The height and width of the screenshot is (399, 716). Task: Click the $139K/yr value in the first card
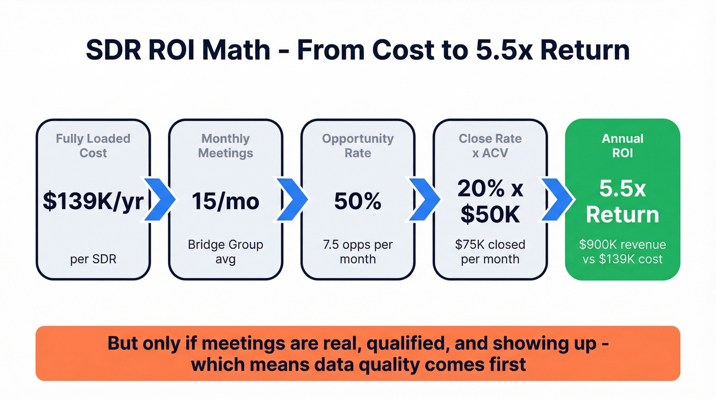click(x=93, y=201)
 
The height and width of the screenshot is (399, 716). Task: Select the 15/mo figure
click(x=225, y=201)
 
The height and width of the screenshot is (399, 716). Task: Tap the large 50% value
click(x=357, y=201)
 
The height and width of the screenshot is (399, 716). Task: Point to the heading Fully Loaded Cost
click(x=93, y=146)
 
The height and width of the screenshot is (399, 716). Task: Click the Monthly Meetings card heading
click(x=225, y=146)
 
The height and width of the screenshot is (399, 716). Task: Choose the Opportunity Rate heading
click(x=357, y=146)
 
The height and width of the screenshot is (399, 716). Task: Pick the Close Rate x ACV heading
click(x=490, y=146)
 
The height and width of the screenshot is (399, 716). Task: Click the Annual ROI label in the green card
click(x=622, y=146)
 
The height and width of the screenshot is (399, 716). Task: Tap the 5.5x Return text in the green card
click(x=622, y=202)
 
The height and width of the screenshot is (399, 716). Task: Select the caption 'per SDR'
click(x=93, y=259)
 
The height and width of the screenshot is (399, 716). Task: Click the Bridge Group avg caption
click(x=225, y=251)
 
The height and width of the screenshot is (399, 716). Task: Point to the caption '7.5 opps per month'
click(x=357, y=251)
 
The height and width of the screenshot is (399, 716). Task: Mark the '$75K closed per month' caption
click(x=490, y=251)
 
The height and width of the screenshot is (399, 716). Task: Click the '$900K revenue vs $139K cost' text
click(x=622, y=251)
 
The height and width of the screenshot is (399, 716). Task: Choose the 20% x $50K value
click(x=490, y=202)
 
